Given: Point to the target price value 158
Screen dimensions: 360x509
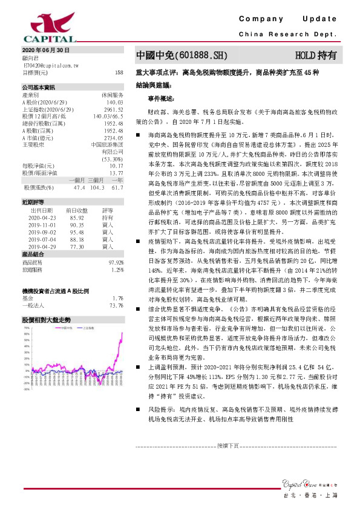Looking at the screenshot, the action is click(x=119, y=72).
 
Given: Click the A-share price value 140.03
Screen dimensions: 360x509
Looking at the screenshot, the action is click(x=114, y=103).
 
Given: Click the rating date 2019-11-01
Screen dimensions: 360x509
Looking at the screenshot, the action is click(x=41, y=224).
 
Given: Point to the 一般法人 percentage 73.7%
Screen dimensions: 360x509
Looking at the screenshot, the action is click(x=117, y=306).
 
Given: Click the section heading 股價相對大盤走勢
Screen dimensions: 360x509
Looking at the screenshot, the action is click(x=46, y=319).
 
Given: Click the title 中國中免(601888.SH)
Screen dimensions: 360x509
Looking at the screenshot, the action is click(x=182, y=56).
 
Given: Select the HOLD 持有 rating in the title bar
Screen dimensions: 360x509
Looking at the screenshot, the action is click(x=316, y=56).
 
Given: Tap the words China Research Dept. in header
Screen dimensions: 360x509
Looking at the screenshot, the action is click(x=287, y=34).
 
